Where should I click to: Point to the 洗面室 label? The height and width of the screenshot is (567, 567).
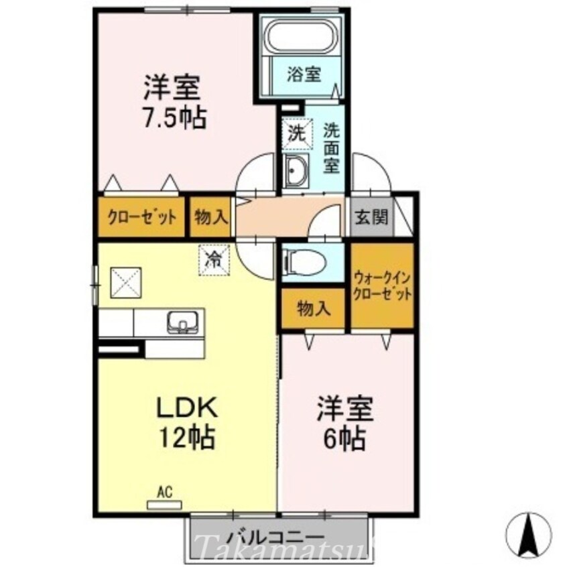[x=332, y=147]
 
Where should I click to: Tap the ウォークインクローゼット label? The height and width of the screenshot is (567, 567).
[x=382, y=286]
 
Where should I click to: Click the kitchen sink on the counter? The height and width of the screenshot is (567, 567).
[x=182, y=322]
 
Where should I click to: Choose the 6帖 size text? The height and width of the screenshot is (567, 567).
[x=345, y=438]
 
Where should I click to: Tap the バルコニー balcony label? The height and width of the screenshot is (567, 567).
[x=275, y=536]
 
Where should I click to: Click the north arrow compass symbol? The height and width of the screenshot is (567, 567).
[x=529, y=533]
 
